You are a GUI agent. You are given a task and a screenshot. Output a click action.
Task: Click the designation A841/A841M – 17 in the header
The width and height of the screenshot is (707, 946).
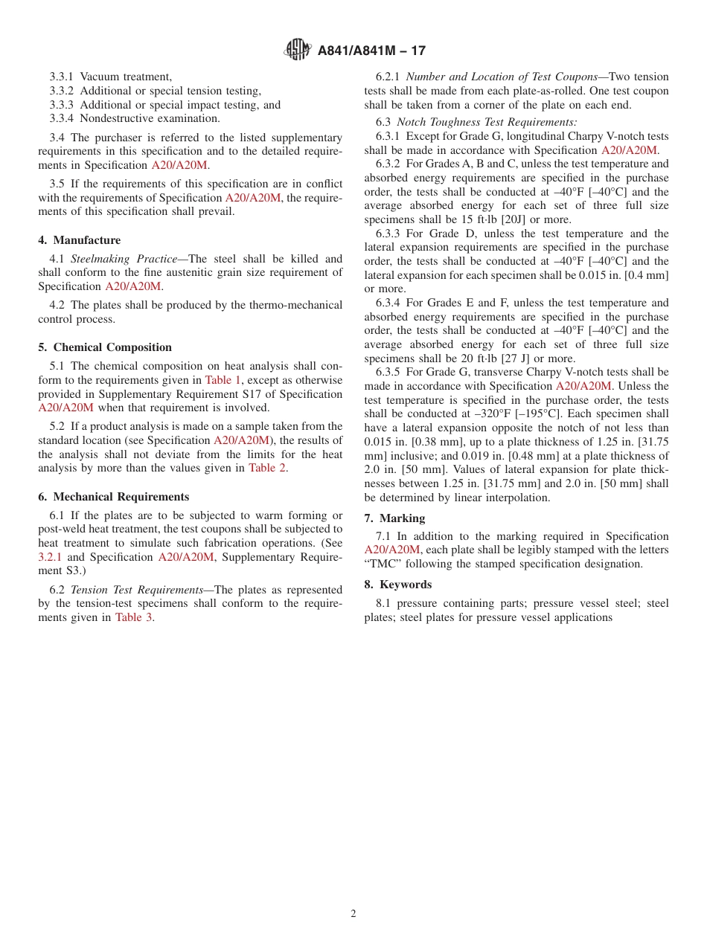coord(371,51)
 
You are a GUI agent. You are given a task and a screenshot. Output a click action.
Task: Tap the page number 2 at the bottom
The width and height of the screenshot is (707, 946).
coord(353,914)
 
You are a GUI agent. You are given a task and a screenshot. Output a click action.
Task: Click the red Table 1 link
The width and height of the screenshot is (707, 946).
coord(223,380)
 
